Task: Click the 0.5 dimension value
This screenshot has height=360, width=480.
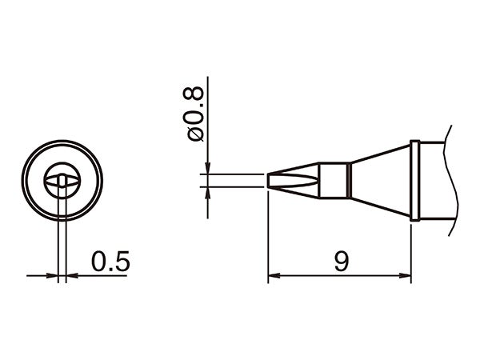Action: point(110,261)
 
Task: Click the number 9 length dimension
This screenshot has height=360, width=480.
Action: point(342,261)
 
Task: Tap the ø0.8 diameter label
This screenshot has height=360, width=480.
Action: point(194,114)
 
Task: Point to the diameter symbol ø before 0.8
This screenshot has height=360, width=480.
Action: point(194,134)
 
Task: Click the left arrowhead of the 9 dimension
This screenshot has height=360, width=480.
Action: point(273,276)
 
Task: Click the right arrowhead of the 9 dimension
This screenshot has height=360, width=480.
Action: point(405,276)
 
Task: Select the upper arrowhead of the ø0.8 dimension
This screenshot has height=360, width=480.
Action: point(207,169)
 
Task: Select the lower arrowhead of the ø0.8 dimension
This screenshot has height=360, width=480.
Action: point(207,192)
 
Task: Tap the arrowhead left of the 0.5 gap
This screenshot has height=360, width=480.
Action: point(54,276)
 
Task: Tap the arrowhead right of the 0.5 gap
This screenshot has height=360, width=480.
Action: point(70,276)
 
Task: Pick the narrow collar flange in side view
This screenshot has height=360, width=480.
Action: point(414,180)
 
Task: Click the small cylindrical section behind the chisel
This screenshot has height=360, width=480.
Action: point(334,180)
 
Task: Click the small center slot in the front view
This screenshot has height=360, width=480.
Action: point(62,180)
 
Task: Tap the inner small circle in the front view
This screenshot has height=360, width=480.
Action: point(62,174)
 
